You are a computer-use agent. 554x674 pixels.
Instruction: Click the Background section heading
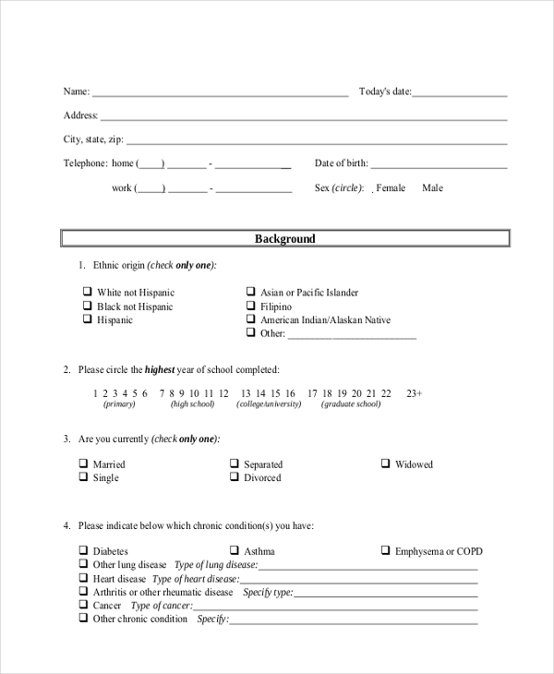284,239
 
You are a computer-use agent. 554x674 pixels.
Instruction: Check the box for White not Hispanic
87,293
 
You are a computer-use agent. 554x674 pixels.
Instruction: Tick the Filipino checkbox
250,307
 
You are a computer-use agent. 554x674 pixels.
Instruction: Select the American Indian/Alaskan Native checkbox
250,320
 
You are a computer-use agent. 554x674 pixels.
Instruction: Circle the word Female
391,188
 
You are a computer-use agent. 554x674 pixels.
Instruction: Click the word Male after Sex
432,188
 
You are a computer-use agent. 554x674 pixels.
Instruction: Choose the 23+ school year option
414,393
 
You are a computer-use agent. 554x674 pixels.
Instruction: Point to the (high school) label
192,404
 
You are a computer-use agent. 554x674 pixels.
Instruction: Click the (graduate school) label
350,404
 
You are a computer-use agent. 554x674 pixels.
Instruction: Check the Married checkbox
83,464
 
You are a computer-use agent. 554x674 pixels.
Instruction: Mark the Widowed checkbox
386,464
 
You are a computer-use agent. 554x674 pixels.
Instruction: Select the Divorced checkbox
235,478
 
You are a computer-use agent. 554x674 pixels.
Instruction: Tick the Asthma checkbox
235,551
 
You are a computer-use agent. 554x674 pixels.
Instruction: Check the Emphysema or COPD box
386,551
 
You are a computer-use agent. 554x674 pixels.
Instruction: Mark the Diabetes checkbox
83,551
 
